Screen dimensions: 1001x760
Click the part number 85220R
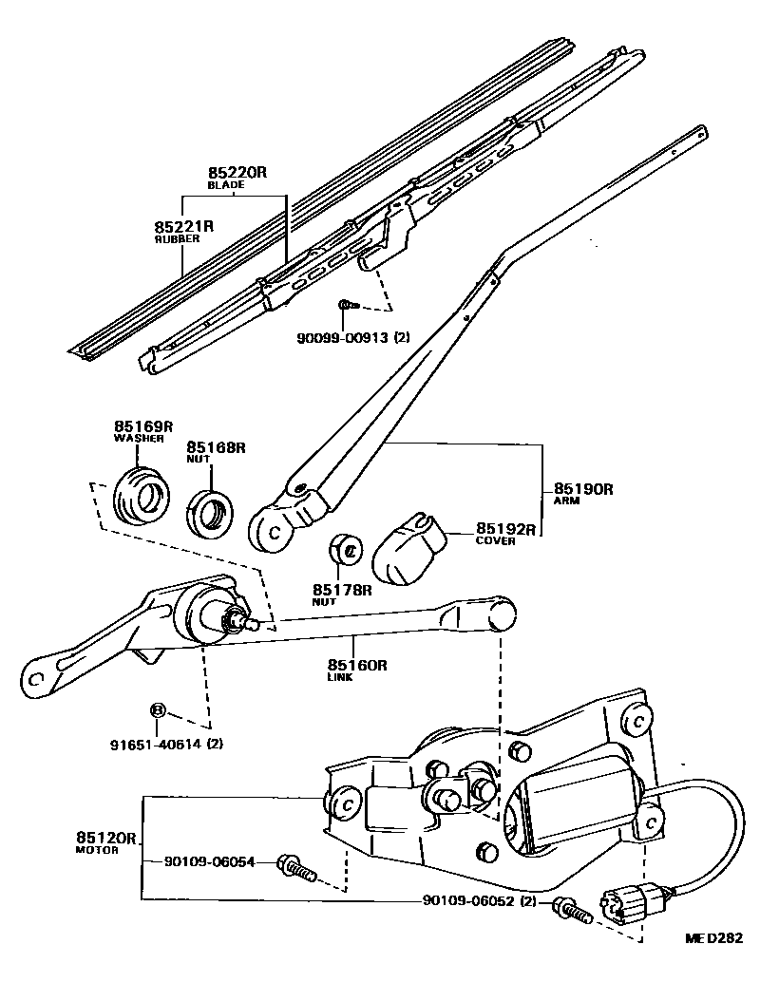[238, 173]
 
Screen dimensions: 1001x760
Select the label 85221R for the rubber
[184, 227]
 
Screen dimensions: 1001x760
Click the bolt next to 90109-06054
[294, 867]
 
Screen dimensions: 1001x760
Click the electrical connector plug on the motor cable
[628, 899]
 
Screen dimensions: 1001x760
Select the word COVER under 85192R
[496, 541]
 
